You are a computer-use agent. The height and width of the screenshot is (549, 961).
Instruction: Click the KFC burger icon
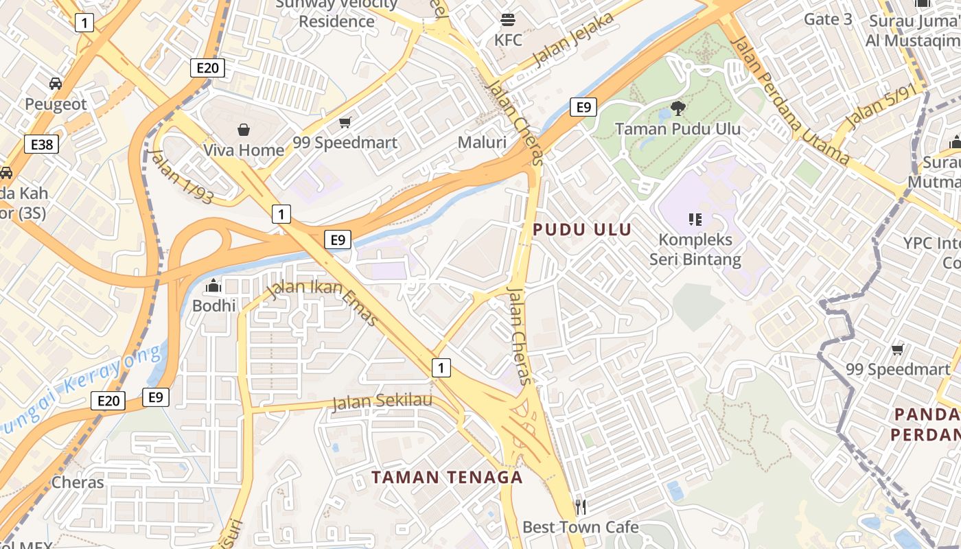point(508,19)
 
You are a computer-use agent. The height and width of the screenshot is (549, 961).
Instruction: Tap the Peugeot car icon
point(56,84)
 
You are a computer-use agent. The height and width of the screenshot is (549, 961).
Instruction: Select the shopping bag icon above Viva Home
point(244,129)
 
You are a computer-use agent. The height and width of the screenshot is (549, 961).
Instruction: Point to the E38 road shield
point(41,144)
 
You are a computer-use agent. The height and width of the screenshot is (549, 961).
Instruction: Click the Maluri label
point(482,143)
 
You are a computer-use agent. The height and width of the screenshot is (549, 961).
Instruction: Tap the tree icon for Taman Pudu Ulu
point(678,108)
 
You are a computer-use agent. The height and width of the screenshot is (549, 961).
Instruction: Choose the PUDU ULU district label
point(581,230)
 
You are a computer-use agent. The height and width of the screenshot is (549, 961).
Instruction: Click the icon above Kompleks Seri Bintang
point(695,220)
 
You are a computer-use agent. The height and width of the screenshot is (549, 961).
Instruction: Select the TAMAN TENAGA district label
point(448,478)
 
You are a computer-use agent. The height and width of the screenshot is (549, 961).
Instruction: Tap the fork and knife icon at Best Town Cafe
point(581,507)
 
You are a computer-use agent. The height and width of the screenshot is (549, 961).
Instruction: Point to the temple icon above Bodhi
point(213,285)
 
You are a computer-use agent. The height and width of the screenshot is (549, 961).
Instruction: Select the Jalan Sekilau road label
point(382,401)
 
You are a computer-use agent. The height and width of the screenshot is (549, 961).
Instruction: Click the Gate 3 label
point(828,19)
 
